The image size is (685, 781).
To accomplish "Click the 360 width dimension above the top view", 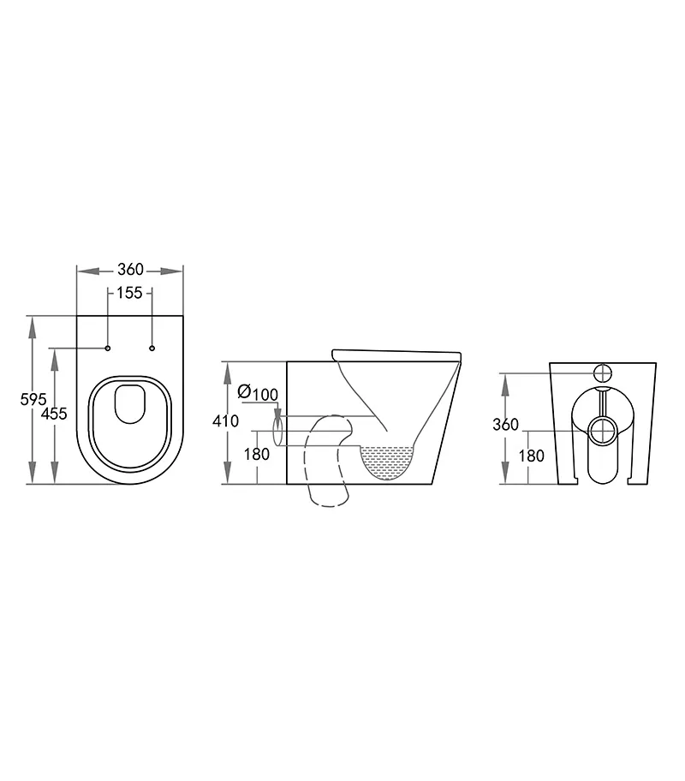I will coord(130,270).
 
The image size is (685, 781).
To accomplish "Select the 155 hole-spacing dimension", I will coord(129,293).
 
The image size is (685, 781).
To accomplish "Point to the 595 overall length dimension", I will coord(33,398).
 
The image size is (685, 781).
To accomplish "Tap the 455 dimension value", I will coord(54,414).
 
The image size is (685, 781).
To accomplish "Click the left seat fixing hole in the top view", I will coord(108,348).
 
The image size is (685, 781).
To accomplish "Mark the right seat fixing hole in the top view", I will coord(152,348).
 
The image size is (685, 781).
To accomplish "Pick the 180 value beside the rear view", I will coord(531,456).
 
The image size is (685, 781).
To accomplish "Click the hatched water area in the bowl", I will coord(388,461).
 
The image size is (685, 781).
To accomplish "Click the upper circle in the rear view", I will coord(603,373).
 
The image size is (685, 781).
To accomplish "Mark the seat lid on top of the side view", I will coord(396,353).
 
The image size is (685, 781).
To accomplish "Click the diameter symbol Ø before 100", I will coord(244,393).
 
